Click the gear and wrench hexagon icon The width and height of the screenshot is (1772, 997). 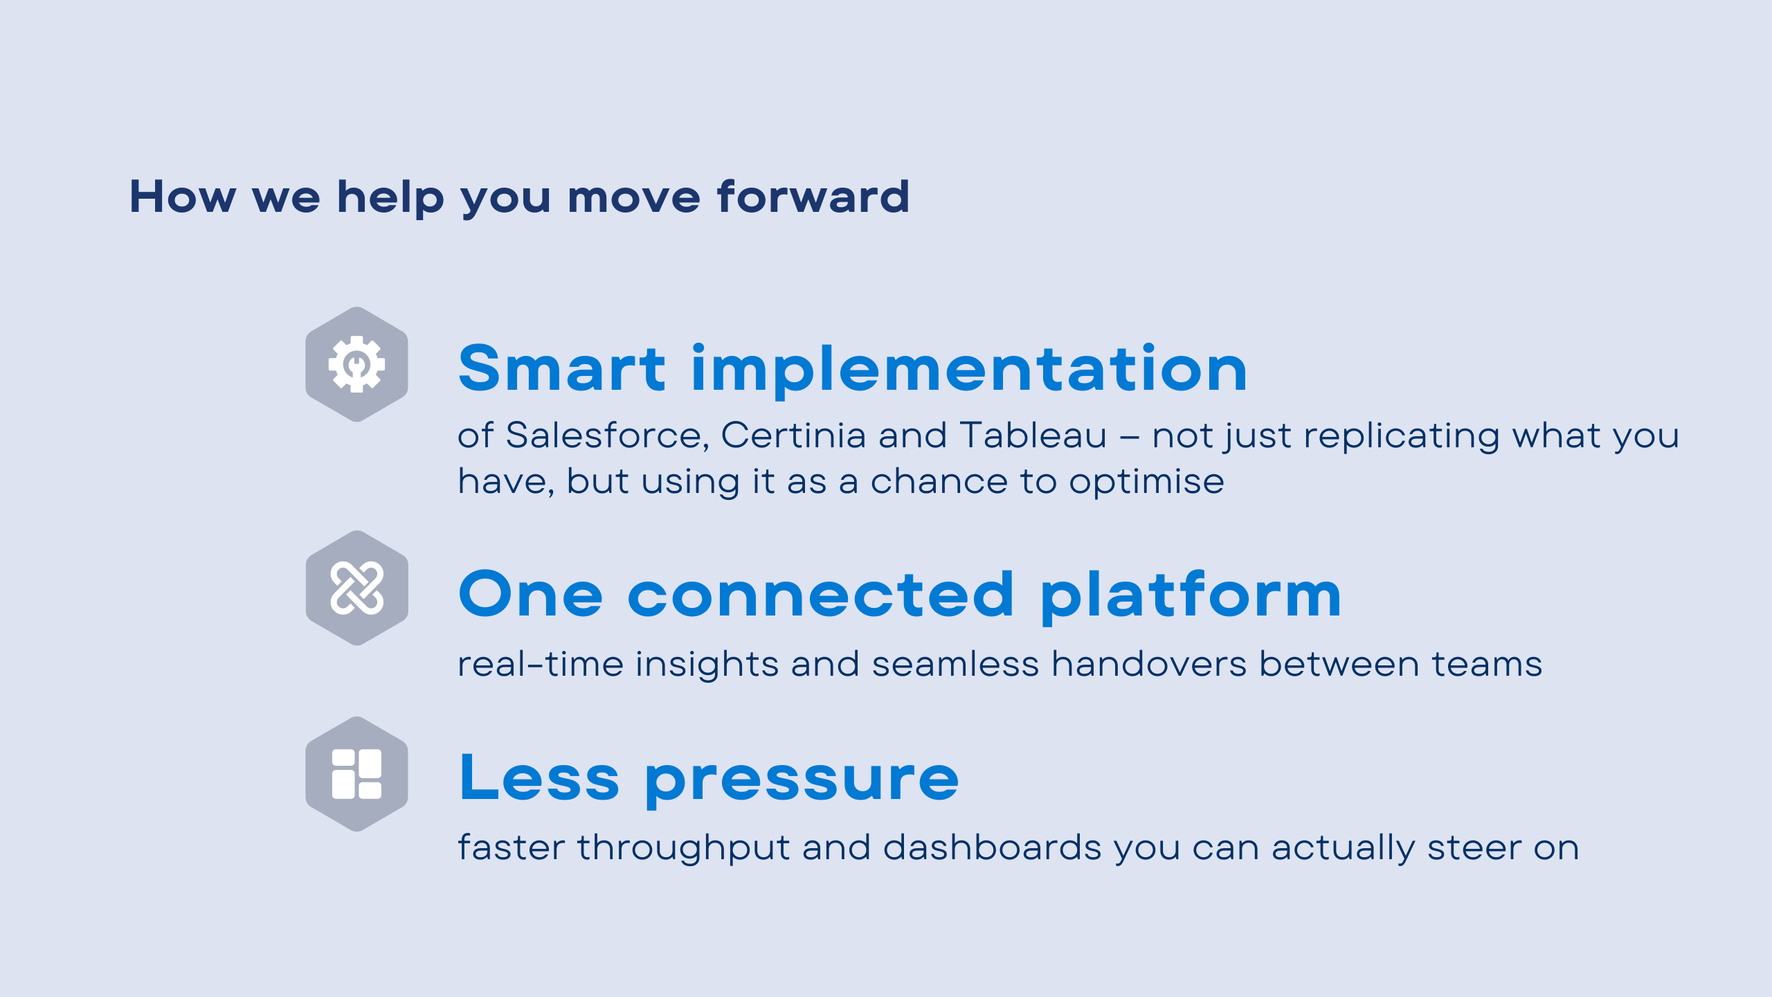356,364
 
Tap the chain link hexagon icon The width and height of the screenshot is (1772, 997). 356,588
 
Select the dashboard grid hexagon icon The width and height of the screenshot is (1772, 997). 356,773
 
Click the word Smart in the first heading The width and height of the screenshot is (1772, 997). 562,368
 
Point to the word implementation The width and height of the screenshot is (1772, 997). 969,368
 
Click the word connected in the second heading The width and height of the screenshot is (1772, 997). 820,594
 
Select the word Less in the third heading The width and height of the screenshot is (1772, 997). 539,778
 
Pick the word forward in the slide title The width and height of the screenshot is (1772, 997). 813,197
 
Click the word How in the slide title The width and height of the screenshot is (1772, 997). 183,197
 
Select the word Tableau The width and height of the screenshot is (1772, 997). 1033,436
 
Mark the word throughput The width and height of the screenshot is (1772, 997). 684,849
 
